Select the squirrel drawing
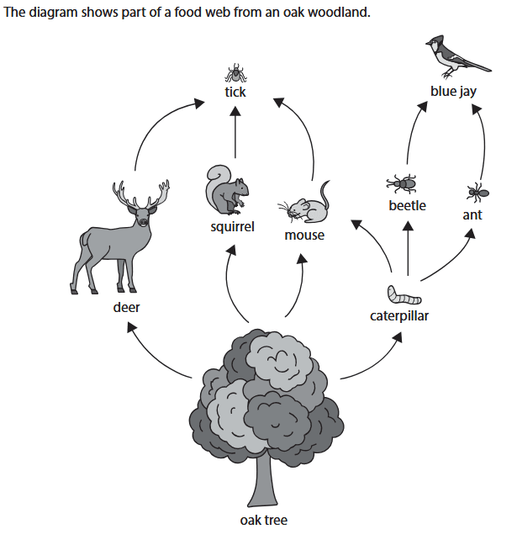[x=226, y=190]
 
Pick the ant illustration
[x=476, y=193]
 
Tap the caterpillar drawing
[x=404, y=297]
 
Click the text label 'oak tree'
[x=263, y=521]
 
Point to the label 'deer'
[x=127, y=308]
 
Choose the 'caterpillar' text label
[x=400, y=316]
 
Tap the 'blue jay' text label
[x=453, y=91]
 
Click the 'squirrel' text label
[x=233, y=227]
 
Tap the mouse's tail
[x=324, y=192]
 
